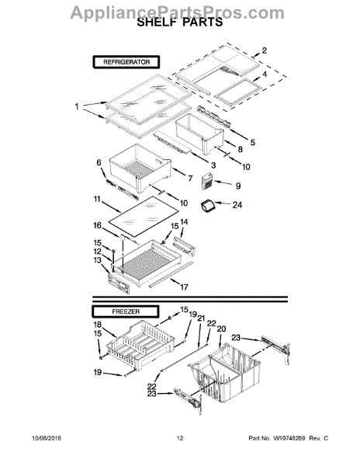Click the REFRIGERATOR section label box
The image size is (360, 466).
click(126, 61)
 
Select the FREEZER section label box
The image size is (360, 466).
click(116, 309)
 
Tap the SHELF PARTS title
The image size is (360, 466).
click(179, 25)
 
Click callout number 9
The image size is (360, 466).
click(237, 185)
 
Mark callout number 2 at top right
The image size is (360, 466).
click(264, 51)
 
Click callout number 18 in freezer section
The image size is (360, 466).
click(98, 325)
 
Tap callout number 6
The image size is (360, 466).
click(99, 162)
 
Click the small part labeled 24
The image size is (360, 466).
click(207, 206)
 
